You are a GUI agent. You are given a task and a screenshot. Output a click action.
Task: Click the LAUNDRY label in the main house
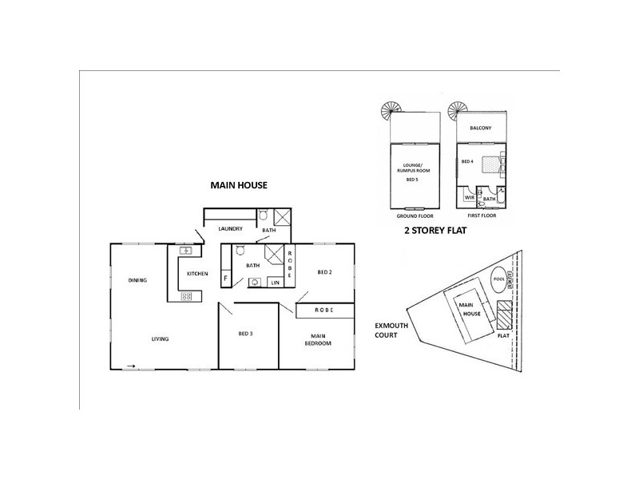(x=230, y=229)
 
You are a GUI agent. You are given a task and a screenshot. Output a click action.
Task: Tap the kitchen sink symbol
(x=185, y=251)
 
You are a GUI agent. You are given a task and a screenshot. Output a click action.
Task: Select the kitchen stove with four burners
(x=187, y=296)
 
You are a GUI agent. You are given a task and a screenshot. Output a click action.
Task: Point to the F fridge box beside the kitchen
(x=226, y=279)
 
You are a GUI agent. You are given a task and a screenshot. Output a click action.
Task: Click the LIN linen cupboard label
(x=275, y=283)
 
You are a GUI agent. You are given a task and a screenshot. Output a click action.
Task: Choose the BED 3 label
(x=245, y=333)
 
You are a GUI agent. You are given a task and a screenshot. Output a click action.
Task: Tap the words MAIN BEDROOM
(x=317, y=338)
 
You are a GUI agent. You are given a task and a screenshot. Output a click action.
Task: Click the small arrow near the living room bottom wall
(x=130, y=366)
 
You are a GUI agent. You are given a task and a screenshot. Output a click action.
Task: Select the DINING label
(x=137, y=280)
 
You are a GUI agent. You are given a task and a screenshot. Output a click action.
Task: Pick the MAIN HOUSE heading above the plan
(x=239, y=185)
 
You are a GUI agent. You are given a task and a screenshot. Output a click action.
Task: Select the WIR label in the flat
(x=470, y=196)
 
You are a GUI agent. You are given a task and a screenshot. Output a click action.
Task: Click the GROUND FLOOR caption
(x=414, y=216)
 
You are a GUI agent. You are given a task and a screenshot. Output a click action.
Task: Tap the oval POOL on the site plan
(x=500, y=280)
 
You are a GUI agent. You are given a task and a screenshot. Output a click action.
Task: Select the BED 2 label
(x=324, y=272)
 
